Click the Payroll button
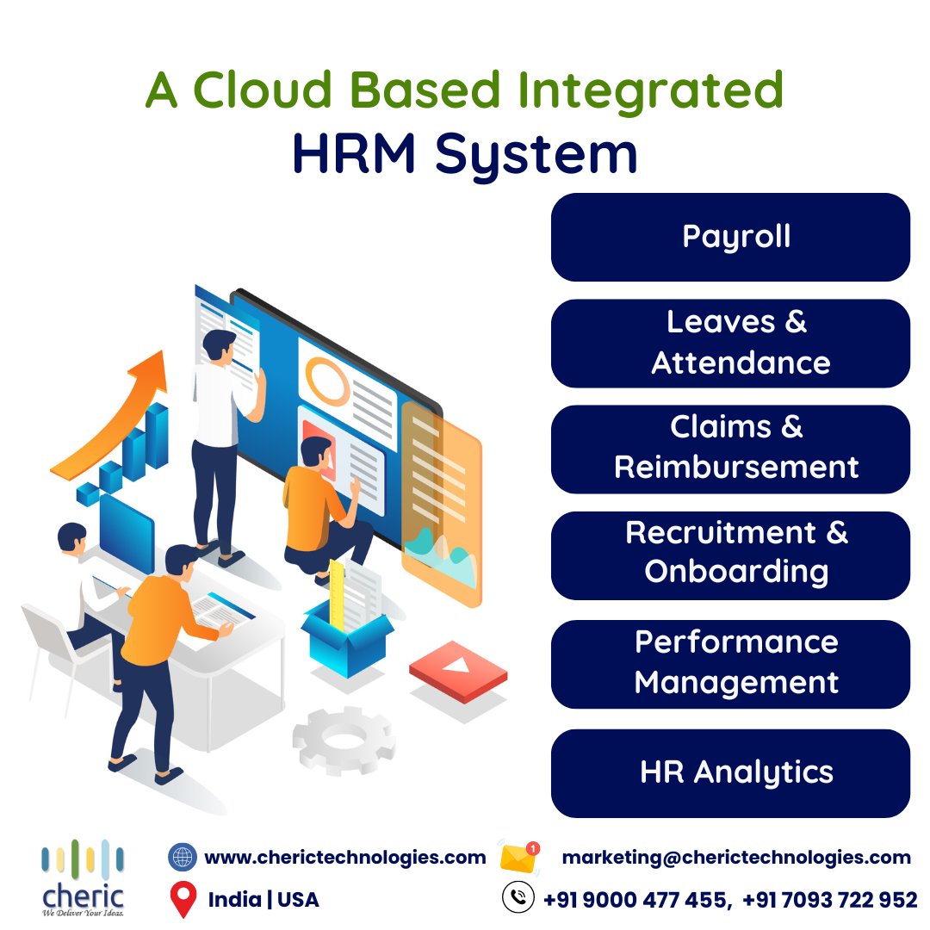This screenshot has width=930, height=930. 730,237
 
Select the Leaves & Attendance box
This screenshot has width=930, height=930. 730,343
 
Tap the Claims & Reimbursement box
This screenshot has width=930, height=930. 730,449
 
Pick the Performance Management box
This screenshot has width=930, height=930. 730,663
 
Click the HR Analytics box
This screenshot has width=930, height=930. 730,772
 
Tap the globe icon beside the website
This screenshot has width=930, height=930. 182,857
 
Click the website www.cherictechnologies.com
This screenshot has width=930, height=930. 344,858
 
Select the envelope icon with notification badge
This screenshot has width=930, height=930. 519,857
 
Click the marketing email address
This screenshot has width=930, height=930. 736,858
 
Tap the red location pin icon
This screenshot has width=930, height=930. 182,900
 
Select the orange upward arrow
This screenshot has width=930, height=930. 112,413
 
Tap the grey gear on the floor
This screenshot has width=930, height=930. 344,740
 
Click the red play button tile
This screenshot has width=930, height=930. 457,668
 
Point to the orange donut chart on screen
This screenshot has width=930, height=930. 327,384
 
